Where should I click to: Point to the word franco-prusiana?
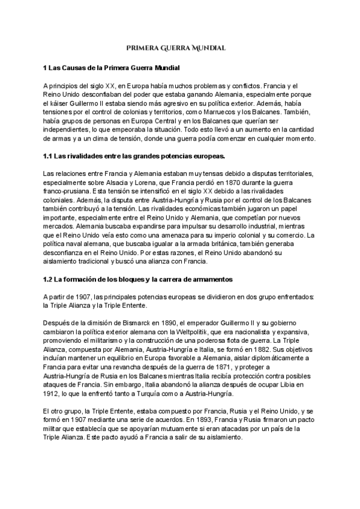pyautogui.click(x=67, y=194)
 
